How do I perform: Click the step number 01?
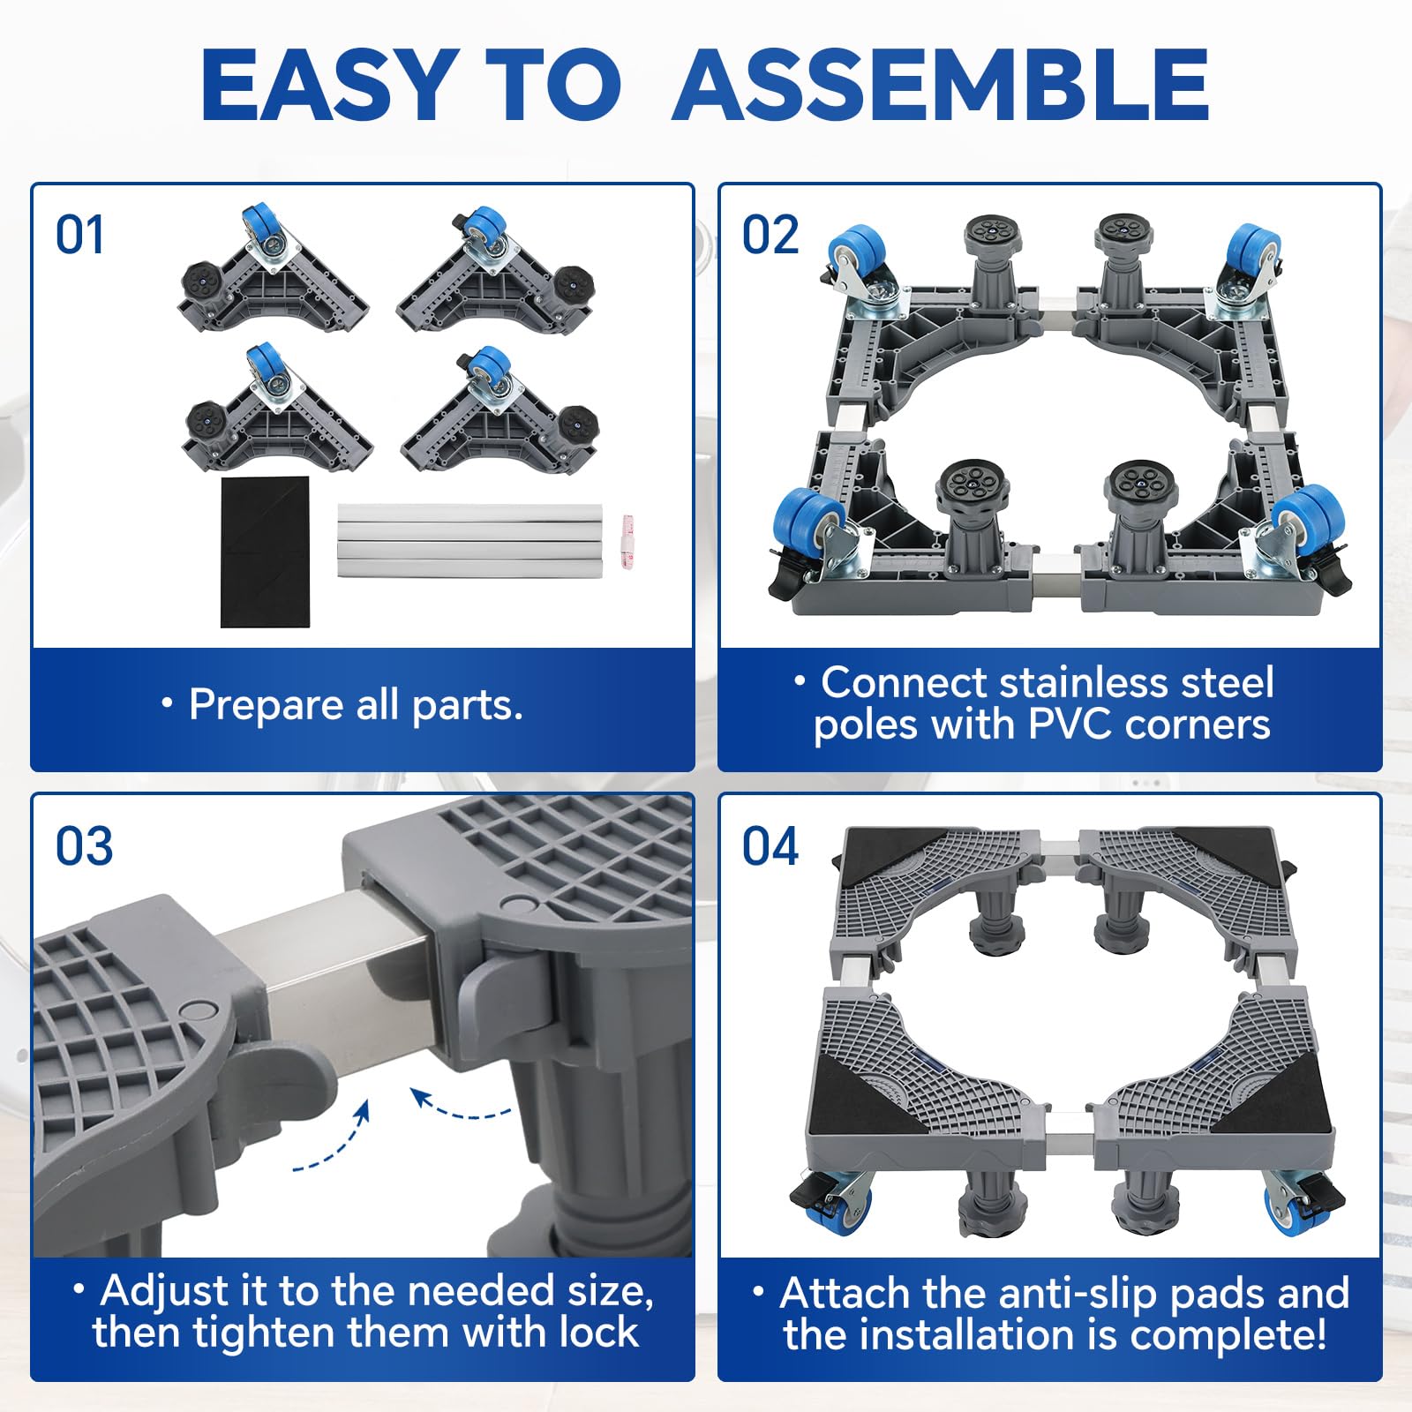coord(79,236)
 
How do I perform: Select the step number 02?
coord(770,236)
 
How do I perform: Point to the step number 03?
coord(84,847)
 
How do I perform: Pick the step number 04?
coord(770,847)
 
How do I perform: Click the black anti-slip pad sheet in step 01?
coord(265,552)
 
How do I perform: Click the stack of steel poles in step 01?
coord(469,540)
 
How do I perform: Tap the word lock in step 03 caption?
coord(595,1332)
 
